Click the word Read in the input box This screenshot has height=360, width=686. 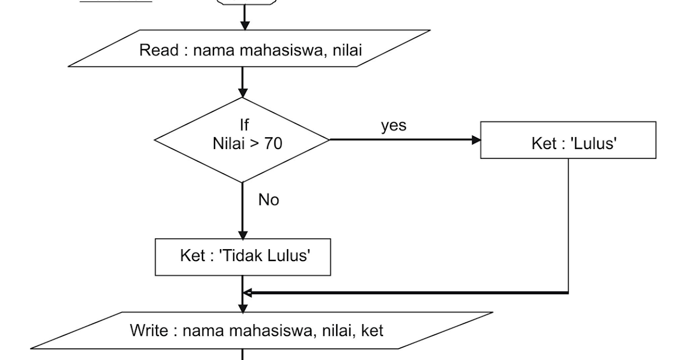159,50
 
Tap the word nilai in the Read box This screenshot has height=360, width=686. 345,50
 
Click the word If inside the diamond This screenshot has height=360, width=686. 244,125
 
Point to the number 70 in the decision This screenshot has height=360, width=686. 273,144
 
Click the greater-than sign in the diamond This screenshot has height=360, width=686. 255,144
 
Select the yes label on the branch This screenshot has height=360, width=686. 394,126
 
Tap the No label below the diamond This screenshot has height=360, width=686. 269,200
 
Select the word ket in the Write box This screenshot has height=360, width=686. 372,330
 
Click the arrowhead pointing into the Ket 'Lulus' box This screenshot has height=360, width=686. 476,140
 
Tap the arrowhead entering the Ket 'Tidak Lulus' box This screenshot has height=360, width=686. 243,234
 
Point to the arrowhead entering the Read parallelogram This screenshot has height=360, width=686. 245,25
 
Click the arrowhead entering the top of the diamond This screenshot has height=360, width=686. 243,93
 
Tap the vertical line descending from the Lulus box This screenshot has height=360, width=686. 568,229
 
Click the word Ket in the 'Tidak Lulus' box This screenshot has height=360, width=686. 192,256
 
